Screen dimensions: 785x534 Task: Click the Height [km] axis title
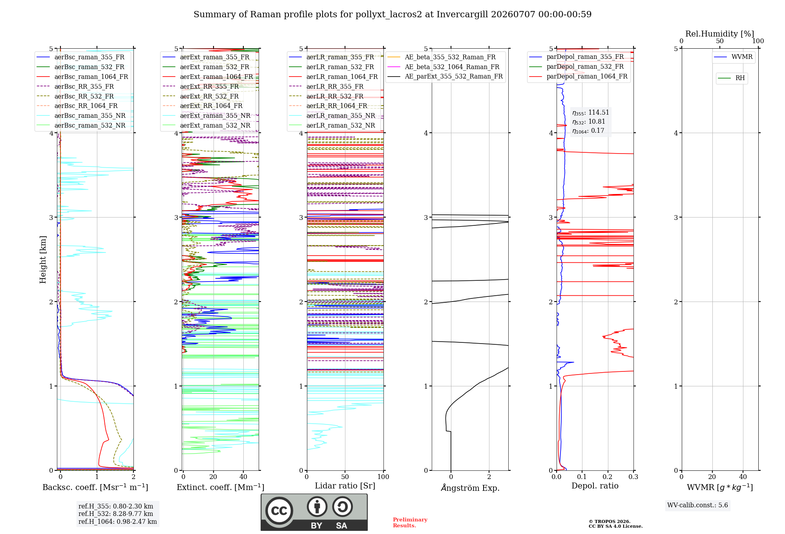43,260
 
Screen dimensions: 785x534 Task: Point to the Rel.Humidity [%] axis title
720,34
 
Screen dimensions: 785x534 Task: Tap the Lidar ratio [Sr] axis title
345,486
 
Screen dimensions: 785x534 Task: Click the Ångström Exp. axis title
470,488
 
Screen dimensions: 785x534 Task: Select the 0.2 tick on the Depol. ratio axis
608,477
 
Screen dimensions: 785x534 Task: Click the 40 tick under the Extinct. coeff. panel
243,477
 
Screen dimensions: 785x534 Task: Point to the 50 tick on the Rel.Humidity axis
720,41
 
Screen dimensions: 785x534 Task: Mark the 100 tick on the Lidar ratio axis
383,477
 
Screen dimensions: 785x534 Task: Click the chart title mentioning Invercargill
392,15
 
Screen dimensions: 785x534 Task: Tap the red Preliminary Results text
410,523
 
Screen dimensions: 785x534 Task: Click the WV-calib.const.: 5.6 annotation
697,505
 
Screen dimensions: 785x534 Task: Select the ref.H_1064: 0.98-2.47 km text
118,522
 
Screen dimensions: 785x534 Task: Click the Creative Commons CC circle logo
279,510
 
